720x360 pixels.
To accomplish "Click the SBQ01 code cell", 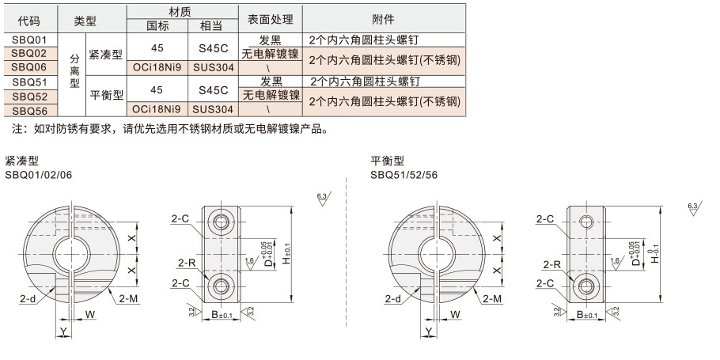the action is (x=31, y=39).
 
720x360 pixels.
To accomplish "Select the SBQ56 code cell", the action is (x=31, y=111).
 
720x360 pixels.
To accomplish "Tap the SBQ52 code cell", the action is (x=31, y=97).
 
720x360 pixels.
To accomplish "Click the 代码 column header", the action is (x=31, y=19).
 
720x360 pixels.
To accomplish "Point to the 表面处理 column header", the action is (x=271, y=19).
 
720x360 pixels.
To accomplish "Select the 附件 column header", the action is (x=384, y=19).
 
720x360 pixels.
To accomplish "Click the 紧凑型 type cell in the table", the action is (x=105, y=54).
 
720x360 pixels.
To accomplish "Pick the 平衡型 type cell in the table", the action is (x=105, y=96).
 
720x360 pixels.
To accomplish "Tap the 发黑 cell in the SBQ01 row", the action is (x=271, y=40).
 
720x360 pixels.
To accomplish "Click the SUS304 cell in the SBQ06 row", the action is (x=213, y=67).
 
